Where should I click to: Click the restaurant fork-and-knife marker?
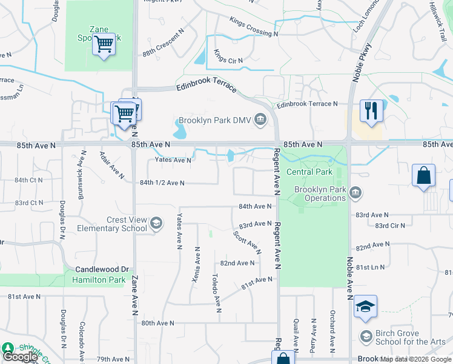pyautogui.click(x=371, y=111)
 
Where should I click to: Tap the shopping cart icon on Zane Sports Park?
pyautogui.click(x=104, y=44)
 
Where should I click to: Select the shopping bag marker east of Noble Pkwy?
pyautogui.click(x=423, y=176)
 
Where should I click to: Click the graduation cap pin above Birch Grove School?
pyautogui.click(x=365, y=307)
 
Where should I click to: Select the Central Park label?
pyautogui.click(x=309, y=172)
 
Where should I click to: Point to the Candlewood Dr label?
pyautogui.click(x=102, y=269)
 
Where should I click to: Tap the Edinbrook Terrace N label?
pyautogui.click(x=307, y=104)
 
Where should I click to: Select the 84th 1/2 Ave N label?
pyautogui.click(x=162, y=183)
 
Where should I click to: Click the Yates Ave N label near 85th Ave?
pyautogui.click(x=173, y=160)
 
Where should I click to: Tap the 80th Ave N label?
pyautogui.click(x=157, y=323)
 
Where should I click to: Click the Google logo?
pyautogui.click(x=21, y=357)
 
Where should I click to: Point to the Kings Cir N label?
pyautogui.click(x=228, y=61)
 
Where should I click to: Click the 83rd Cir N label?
pyautogui.click(x=390, y=226)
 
